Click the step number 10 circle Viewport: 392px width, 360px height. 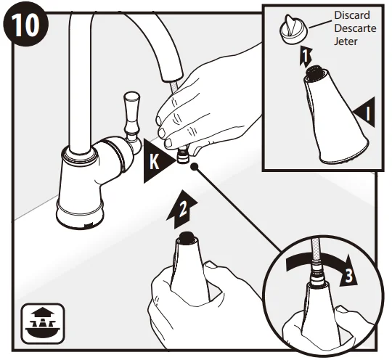click(x=25, y=25)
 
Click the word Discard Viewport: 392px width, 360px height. click(x=352, y=15)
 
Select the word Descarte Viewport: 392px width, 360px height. click(x=355, y=28)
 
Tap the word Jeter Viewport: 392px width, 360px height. click(x=346, y=41)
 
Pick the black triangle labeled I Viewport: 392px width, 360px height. click(x=364, y=112)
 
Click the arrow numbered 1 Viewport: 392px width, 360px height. click(x=306, y=57)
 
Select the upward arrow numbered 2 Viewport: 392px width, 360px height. click(x=182, y=210)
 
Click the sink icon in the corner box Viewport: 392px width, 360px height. click(x=43, y=324)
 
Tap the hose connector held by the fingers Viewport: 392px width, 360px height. click(x=183, y=155)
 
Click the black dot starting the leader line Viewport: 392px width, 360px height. click(x=194, y=166)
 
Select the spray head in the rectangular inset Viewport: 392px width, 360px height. click(x=335, y=115)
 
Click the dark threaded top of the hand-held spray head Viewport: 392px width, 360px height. click(x=187, y=236)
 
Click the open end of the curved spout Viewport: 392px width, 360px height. click(x=173, y=77)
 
